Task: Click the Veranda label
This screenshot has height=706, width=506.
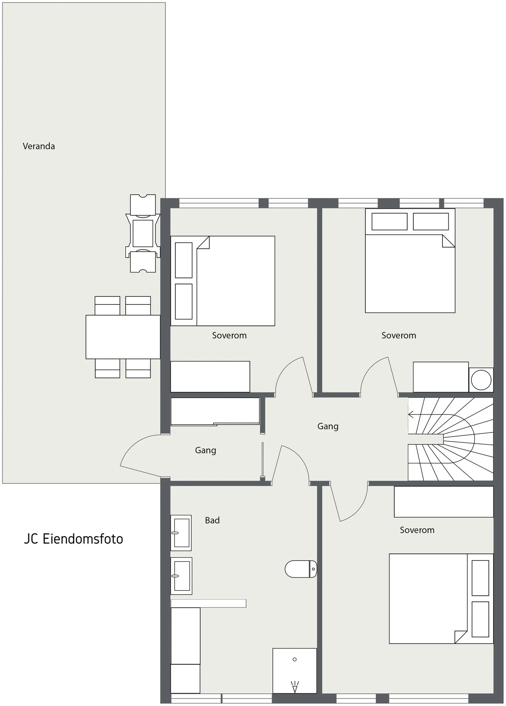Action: pos(39,146)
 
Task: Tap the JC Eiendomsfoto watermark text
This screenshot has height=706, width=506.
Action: pos(73,539)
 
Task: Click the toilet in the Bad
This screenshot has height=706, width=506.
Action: pos(301,569)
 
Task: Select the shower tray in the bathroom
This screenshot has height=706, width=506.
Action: pos(295,671)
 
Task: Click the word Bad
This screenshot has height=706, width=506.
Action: pos(212,520)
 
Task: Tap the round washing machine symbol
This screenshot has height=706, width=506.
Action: pos(481,380)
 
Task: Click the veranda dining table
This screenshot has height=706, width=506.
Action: pos(123,337)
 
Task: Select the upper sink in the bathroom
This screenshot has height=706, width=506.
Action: pos(181,533)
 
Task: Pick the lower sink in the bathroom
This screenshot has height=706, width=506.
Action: pos(181,576)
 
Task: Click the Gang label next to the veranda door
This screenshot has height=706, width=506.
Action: pos(206,450)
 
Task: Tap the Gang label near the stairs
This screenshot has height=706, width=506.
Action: pos(328,426)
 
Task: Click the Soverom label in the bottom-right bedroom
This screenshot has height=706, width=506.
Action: pos(417,530)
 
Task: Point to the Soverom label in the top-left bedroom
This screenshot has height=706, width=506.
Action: pos(229,335)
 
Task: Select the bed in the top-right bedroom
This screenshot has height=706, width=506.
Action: pos(410,260)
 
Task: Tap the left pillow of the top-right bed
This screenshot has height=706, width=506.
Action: pos(390,222)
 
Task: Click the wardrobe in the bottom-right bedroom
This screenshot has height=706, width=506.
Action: pos(444,502)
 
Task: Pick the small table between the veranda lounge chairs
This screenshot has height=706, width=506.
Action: pos(143,233)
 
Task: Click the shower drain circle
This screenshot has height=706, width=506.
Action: pos(295,659)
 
